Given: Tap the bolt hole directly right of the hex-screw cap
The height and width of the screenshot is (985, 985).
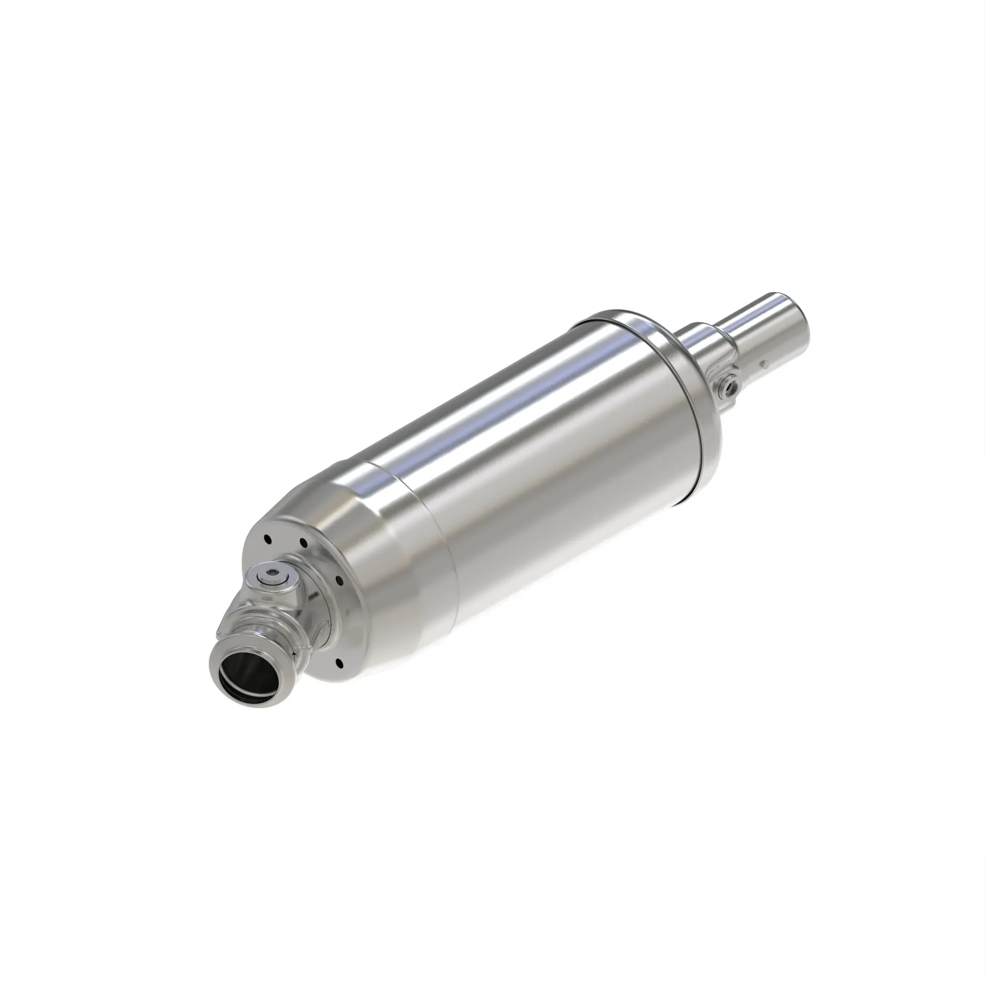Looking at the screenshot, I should click(x=338, y=580).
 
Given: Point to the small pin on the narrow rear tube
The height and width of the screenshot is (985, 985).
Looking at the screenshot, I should click(x=763, y=364).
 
